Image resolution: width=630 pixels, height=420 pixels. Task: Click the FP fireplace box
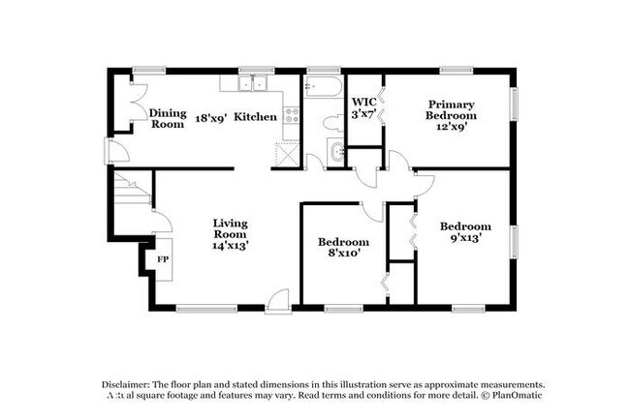[161, 259]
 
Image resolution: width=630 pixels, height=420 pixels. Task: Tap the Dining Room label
[168, 118]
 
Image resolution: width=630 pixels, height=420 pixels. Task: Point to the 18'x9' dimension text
[209, 117]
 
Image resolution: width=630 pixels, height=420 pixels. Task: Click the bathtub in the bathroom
[321, 90]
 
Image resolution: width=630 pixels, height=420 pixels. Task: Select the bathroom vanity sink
[335, 150]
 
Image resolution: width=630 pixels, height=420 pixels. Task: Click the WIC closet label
[363, 101]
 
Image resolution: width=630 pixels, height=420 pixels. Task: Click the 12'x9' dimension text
[451, 127]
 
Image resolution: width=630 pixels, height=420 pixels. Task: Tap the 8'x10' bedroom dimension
[344, 254]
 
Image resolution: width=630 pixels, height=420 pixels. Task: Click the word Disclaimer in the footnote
[130, 383]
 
